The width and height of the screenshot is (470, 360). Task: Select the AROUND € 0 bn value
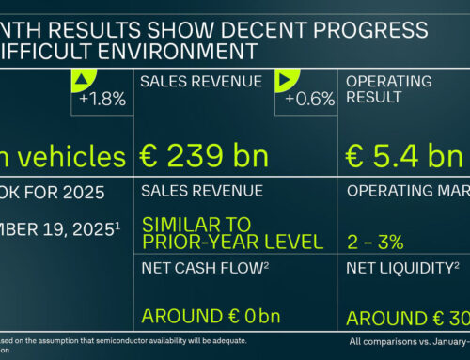click(208, 317)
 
